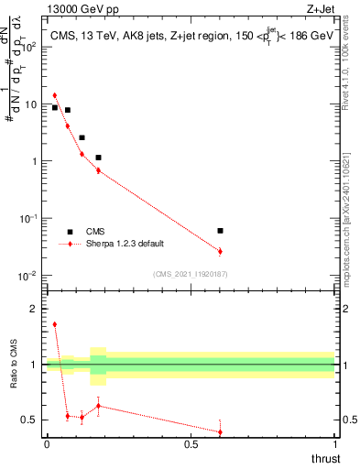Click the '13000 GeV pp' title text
pyautogui.click(x=82, y=10)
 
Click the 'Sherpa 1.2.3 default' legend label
pyautogui.click(x=127, y=244)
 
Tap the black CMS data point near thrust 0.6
pyautogui.click(x=220, y=231)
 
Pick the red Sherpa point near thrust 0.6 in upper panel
pyautogui.click(x=220, y=251)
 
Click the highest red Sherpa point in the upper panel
pyautogui.click(x=55, y=95)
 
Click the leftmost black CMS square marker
pyautogui.click(x=55, y=107)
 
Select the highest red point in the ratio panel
pyautogui.click(x=55, y=324)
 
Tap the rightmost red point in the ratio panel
pyautogui.click(x=220, y=431)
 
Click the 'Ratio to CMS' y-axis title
pyautogui.click(x=14, y=365)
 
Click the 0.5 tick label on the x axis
pyautogui.click(x=191, y=444)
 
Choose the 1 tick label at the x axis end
pyautogui.click(x=334, y=444)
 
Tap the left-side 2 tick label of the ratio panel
pyautogui.click(x=37, y=309)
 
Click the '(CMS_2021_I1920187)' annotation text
pyautogui.click(x=191, y=274)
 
